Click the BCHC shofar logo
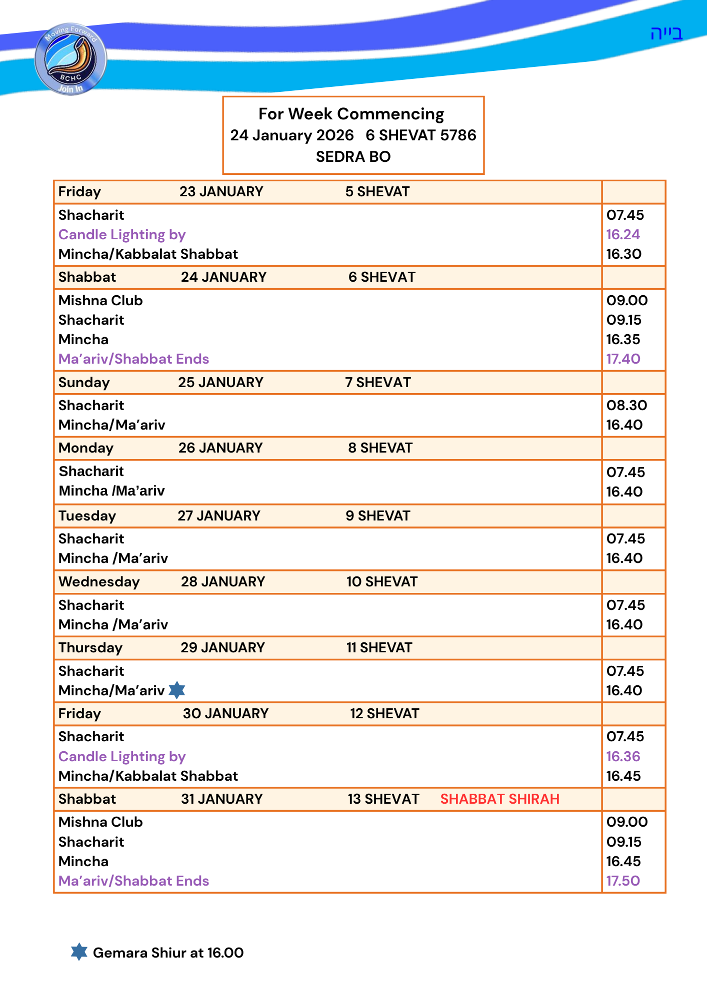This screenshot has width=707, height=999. point(70,59)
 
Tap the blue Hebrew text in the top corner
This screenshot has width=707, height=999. point(666,33)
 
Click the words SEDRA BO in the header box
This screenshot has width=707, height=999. point(353,157)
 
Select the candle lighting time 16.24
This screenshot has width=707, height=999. point(623,234)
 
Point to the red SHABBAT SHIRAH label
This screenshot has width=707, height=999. point(499,799)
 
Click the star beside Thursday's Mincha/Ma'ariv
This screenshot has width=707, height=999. point(177,690)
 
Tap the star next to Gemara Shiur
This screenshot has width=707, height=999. point(79,952)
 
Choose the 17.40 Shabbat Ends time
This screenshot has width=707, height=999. point(623,359)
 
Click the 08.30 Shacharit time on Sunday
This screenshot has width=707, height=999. point(626,405)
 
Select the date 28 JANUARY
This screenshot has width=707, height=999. point(223,581)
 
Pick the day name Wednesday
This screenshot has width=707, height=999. point(99,581)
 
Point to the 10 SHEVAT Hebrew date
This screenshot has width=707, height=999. point(382,581)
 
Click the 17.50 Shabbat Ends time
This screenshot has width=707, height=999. point(623,881)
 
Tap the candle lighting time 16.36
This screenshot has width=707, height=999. point(623,756)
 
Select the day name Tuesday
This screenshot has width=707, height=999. point(87,515)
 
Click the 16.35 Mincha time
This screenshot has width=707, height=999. point(623,339)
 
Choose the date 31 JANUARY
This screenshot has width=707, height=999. point(222,799)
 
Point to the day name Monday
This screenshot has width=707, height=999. point(86,448)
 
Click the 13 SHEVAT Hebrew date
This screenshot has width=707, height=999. point(383,799)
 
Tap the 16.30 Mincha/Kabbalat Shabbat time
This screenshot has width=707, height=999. point(623,254)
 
